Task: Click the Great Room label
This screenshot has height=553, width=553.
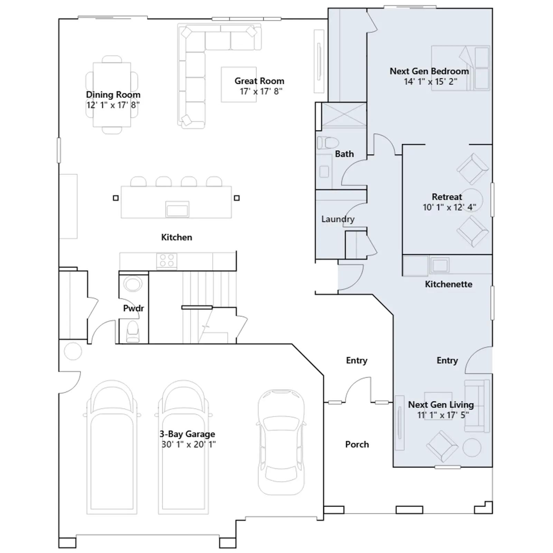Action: tap(259, 81)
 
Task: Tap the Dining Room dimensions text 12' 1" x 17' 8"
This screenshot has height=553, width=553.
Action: tap(113, 105)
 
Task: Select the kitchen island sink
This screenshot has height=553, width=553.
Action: tap(177, 209)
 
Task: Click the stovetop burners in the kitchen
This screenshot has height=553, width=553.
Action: tap(167, 261)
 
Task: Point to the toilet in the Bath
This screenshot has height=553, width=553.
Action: tap(326, 142)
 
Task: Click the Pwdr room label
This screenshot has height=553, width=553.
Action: tap(133, 308)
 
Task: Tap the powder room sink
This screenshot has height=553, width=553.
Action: tap(133, 284)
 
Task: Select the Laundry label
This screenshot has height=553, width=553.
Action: tap(338, 219)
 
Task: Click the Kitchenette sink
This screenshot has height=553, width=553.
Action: tap(439, 265)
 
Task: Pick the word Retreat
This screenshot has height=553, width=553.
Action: tap(447, 197)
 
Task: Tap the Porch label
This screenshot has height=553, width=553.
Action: tap(357, 444)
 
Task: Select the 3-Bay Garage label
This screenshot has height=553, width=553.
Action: tap(187, 434)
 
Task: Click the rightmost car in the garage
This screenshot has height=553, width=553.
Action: tap(281, 442)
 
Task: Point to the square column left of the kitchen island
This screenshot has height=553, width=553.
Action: tap(116, 198)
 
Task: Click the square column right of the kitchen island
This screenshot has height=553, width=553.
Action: tap(237, 198)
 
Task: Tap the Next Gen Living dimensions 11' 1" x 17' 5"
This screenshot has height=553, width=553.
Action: tap(443, 415)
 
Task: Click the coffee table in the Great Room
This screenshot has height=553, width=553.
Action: tap(239, 84)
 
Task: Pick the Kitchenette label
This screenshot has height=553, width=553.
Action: tap(449, 284)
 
